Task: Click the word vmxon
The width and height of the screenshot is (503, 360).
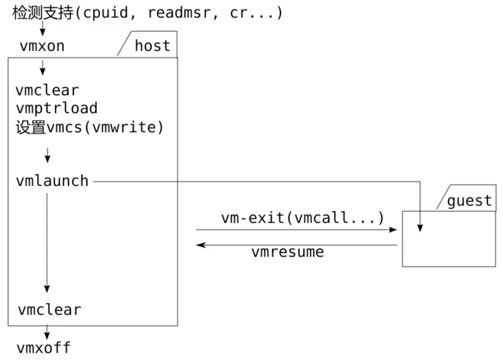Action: [42, 46]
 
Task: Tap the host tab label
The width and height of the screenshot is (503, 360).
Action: [152, 46]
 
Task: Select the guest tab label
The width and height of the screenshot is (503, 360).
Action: [469, 200]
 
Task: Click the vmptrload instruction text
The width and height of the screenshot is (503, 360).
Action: [56, 108]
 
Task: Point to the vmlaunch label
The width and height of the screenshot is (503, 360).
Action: [52, 181]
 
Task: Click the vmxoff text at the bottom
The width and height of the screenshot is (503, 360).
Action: [44, 348]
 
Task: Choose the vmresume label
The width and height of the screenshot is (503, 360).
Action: [287, 252]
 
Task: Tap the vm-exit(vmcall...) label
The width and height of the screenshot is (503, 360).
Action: [302, 218]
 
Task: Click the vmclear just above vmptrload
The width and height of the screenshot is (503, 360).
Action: [47, 90]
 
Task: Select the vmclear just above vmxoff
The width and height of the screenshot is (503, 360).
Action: [50, 310]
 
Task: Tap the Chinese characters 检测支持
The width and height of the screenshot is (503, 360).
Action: [43, 13]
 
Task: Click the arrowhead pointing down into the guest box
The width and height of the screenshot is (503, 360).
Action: [420, 228]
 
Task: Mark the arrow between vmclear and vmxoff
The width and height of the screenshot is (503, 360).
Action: [47, 332]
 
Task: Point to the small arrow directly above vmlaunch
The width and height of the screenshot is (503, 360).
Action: [48, 155]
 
